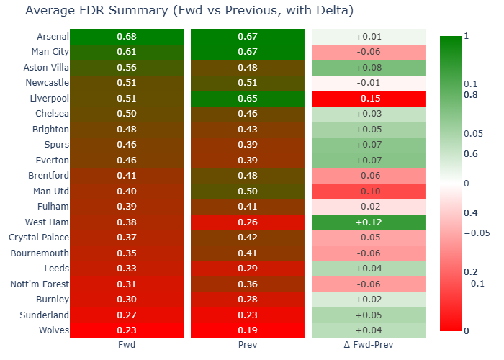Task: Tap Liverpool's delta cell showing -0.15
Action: (x=369, y=99)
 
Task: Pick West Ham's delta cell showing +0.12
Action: (x=369, y=222)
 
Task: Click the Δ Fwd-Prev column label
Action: (x=369, y=345)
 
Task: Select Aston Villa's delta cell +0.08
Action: (x=369, y=68)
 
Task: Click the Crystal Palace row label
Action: (x=39, y=238)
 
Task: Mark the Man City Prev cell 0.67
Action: (x=248, y=52)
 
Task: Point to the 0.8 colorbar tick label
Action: (x=471, y=95)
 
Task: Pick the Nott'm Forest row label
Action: (x=40, y=284)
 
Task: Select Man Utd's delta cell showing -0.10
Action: (x=369, y=192)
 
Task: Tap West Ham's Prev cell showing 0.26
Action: (x=248, y=222)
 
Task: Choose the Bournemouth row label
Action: (x=40, y=253)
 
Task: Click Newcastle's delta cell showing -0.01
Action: (x=369, y=83)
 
